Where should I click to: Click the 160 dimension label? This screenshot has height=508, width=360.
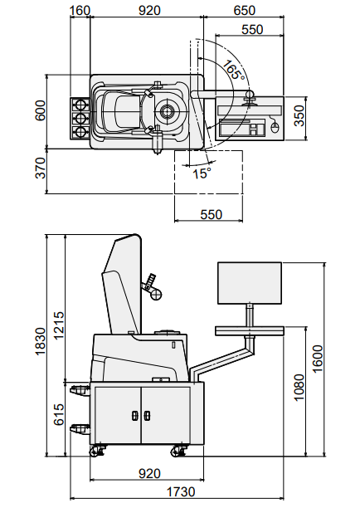pos(80,10)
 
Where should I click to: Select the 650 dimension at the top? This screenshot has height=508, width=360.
pos(244,10)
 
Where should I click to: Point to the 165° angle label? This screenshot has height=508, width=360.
pos(233,71)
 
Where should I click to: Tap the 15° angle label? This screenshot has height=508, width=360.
pos(202,173)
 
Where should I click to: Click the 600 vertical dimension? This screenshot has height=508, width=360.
pos(41,110)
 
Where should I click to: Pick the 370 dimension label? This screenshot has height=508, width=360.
pos(41,168)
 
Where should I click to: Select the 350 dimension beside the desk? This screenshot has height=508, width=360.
pos(299,115)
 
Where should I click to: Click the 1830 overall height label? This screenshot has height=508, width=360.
pos(41,341)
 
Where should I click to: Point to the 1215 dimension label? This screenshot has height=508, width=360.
pos(59,325)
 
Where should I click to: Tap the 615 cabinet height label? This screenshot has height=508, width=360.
pos(59,414)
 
